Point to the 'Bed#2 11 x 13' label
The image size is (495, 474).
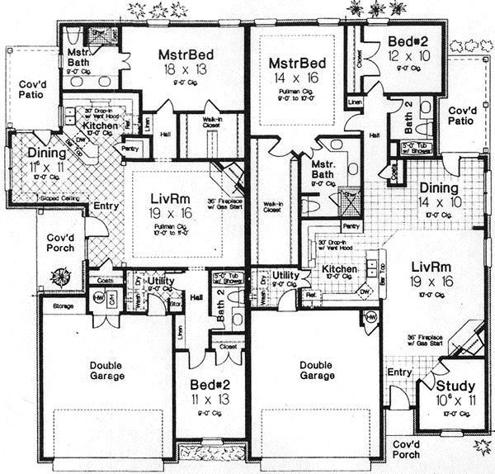pos(210,392)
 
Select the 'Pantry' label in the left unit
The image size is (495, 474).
pos(130,149)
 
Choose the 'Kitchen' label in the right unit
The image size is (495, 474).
pos(339,269)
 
